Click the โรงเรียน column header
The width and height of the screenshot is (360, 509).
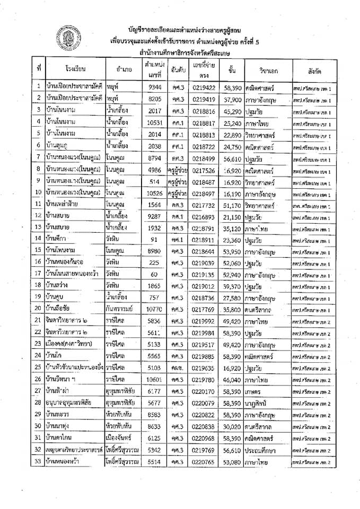pyautogui.click(x=76, y=69)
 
